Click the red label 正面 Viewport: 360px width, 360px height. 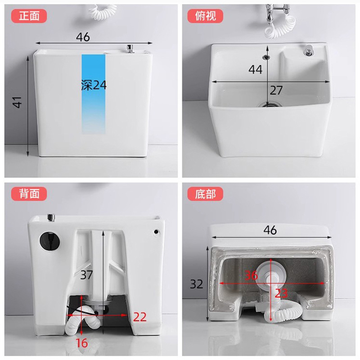click(x=32, y=16)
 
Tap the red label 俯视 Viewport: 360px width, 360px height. click(x=205, y=16)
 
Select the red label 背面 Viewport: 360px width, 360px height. click(x=32, y=194)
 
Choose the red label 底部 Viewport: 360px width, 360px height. click(x=205, y=194)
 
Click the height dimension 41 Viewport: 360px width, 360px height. click(x=17, y=103)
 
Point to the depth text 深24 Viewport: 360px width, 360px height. click(x=94, y=85)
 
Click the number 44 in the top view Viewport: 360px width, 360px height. click(x=255, y=69)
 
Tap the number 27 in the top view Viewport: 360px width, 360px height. click(x=276, y=90)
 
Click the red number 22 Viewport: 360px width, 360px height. click(x=140, y=317)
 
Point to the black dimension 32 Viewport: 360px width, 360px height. click(x=197, y=284)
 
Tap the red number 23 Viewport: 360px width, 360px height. click(x=282, y=293)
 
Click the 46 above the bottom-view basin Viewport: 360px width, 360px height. click(x=270, y=230)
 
